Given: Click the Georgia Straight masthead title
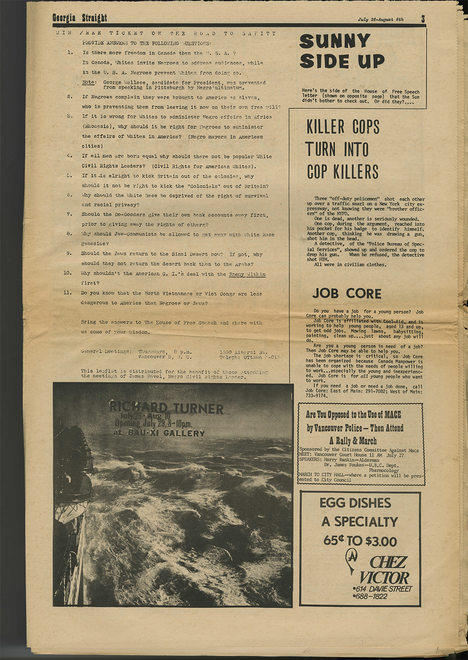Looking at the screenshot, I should (x=80, y=18).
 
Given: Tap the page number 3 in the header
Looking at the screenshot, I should (x=423, y=19).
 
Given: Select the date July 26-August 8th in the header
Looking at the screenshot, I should (x=380, y=20).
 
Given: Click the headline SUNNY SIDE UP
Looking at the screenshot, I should (x=342, y=51).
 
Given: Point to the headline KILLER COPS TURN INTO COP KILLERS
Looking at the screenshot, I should (x=343, y=149).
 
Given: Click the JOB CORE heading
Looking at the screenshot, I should (x=347, y=293).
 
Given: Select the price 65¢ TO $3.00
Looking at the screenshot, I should (x=360, y=541).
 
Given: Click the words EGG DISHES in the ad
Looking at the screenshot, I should (x=355, y=503).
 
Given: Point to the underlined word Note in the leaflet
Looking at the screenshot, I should (x=88, y=82).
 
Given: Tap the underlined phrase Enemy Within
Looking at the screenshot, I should (x=247, y=274).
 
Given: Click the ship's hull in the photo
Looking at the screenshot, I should (x=70, y=538).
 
